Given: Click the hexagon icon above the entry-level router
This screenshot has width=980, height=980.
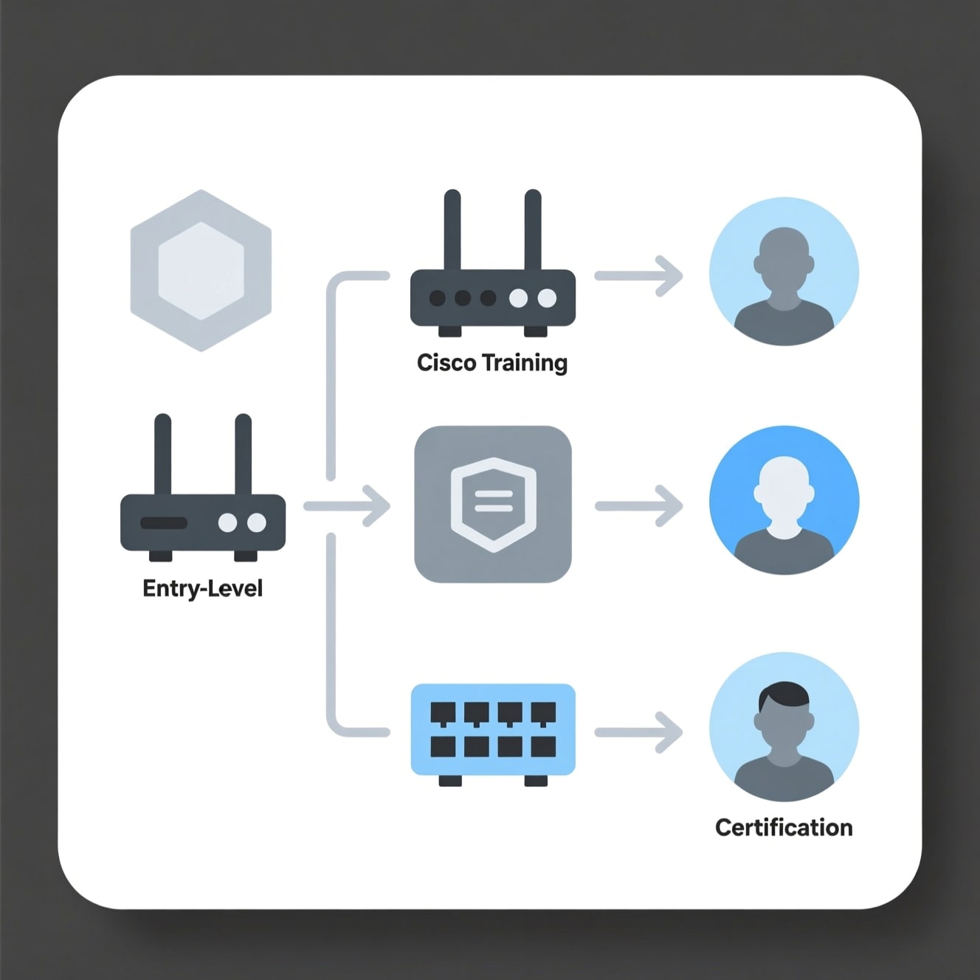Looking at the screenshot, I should click(x=201, y=270).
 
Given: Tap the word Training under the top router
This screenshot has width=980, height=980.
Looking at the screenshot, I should click(x=525, y=363).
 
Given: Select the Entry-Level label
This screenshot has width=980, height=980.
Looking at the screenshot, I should click(x=202, y=588).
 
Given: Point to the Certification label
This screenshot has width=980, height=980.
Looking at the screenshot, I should click(x=784, y=827).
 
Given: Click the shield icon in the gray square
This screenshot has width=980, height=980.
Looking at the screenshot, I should click(x=493, y=504).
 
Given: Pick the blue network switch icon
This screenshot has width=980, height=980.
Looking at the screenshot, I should click(x=493, y=730).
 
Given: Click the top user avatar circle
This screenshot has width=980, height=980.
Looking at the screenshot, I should click(x=784, y=272).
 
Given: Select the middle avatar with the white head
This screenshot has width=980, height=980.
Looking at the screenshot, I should click(x=784, y=500).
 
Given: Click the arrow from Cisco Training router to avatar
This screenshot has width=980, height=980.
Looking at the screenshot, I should click(x=639, y=276).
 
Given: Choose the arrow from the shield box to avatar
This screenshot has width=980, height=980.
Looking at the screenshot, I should click(x=639, y=505).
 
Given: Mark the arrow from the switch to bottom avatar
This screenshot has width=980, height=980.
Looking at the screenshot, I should click(x=639, y=732).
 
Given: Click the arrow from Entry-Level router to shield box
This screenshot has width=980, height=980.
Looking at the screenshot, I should click(x=347, y=505).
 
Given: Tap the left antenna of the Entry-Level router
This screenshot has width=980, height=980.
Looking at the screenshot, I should click(x=162, y=454).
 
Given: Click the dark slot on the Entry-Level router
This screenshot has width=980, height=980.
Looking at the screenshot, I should click(x=164, y=523).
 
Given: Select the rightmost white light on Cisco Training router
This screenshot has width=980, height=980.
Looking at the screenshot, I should click(x=547, y=298).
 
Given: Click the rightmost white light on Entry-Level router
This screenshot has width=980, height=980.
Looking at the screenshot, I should click(x=257, y=523).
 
